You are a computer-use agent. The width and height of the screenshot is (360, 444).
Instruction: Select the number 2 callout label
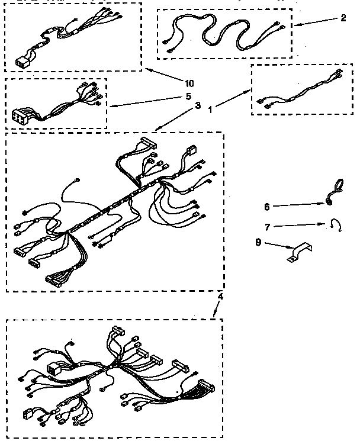pyautogui.click(x=343, y=18)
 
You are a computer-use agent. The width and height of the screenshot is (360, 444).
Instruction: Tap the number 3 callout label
pyautogui.click(x=197, y=105)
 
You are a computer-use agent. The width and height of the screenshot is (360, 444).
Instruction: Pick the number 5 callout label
pyautogui.click(x=188, y=95)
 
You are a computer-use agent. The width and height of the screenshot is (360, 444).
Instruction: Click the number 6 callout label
pyautogui.click(x=267, y=207)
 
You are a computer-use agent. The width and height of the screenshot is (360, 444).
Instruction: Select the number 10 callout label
pyautogui.click(x=189, y=82)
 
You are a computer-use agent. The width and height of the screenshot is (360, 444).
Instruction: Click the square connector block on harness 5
pyautogui.click(x=20, y=114)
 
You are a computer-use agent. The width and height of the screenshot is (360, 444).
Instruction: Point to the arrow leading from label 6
pyautogui.click(x=299, y=204)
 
